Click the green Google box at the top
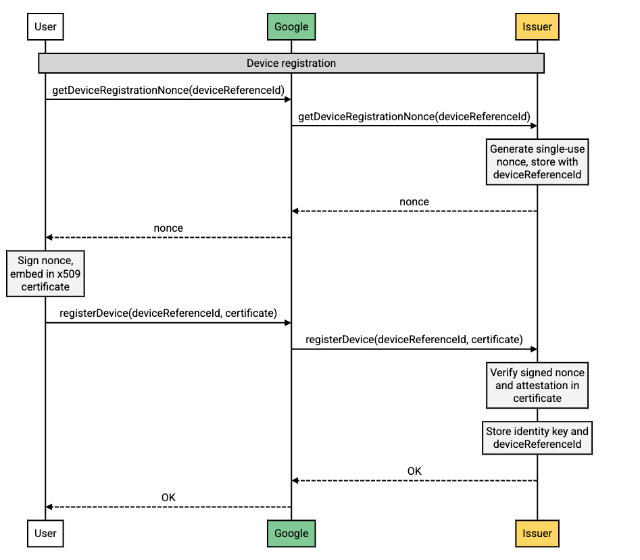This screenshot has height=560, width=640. [291, 27]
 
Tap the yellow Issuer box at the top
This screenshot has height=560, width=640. [537, 27]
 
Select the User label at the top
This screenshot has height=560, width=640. [45, 27]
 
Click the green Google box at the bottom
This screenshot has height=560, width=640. [291, 533]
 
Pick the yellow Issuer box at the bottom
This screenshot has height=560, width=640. [537, 533]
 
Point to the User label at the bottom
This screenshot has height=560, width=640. [45, 533]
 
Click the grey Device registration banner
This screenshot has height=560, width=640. [291, 63]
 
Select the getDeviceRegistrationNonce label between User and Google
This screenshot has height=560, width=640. [168, 91]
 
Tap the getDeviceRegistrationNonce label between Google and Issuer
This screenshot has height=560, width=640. [414, 117]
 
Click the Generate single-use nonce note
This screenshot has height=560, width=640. [537, 162]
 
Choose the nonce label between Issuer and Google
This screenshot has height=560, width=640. [414, 202]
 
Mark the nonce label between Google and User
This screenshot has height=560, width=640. [168, 228]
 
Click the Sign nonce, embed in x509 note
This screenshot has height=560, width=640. [45, 273]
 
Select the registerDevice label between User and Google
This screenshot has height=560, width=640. [168, 313]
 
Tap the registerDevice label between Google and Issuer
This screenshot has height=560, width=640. [414, 340]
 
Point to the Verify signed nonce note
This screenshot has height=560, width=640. [537, 385]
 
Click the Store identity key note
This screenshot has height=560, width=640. [537, 438]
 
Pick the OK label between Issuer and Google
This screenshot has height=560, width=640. [414, 472]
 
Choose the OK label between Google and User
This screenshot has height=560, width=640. [168, 498]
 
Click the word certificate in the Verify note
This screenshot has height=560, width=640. [537, 399]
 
